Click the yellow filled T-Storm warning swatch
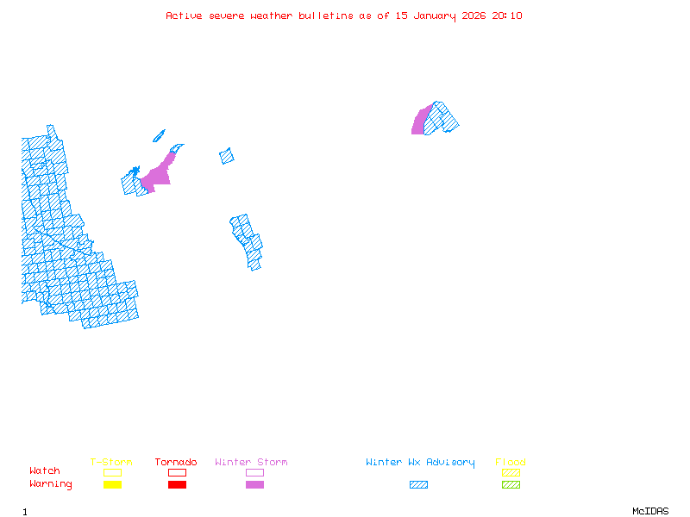(112, 485)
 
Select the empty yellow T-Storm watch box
(112, 472)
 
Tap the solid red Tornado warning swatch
(177, 485)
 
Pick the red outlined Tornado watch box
(177, 472)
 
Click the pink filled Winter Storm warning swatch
(254, 485)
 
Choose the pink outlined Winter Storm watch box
(254, 472)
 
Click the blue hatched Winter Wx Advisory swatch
(418, 485)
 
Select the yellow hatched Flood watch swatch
(511, 472)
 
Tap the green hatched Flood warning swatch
(511, 485)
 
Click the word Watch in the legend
(45, 471)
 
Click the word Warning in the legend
(50, 484)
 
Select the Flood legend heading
(511, 463)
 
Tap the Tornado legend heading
(176, 463)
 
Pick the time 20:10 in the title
(507, 16)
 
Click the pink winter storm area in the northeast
(419, 121)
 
